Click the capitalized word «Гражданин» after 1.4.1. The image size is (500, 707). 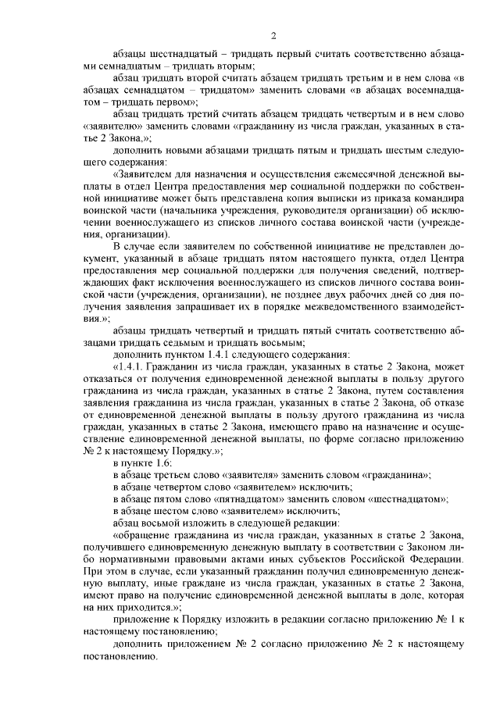[x=178, y=365]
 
